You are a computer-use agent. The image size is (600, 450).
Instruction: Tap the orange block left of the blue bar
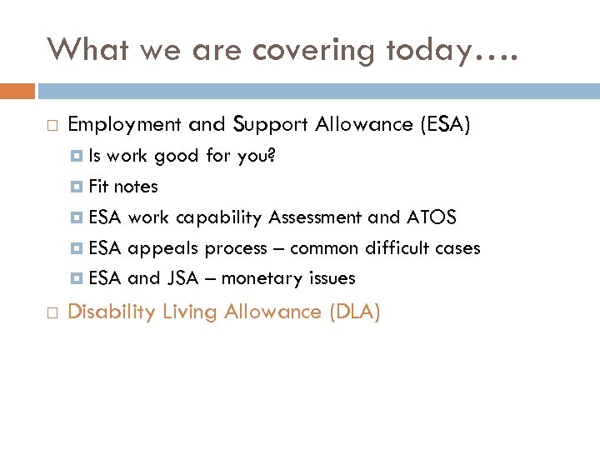17,90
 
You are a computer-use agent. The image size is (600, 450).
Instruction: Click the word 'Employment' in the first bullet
124,125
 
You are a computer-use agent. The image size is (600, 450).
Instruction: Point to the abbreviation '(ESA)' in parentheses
445,125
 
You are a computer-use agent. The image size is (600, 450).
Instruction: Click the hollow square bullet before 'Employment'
52,126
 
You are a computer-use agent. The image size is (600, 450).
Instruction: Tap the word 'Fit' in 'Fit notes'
98,187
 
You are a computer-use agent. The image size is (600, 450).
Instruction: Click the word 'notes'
136,187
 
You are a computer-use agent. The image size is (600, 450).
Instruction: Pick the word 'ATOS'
431,217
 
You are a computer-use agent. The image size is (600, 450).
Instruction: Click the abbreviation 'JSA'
182,278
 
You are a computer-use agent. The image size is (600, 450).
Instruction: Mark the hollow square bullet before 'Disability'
52,313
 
